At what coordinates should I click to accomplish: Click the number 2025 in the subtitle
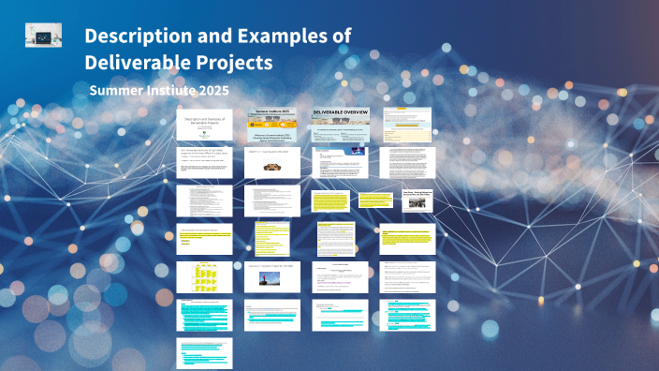coord(210,90)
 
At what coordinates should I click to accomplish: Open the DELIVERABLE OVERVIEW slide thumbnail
coord(340,125)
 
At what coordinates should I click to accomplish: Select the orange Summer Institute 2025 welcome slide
coord(272,125)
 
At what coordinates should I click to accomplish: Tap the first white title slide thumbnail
coord(204,125)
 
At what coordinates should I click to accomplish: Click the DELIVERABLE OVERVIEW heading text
coord(340,112)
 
